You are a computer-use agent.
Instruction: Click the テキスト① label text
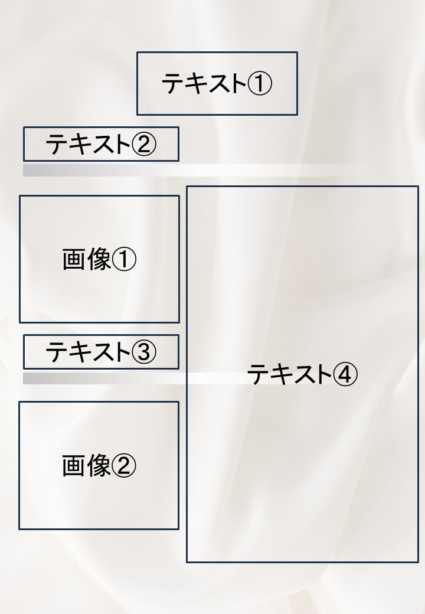tap(217, 83)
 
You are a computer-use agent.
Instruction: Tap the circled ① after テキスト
tap(260, 83)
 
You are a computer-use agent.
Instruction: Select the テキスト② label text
tap(101, 143)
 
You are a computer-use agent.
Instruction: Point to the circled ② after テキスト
tap(144, 144)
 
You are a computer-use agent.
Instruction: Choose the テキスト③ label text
tap(101, 351)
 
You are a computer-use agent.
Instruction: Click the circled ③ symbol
tap(144, 352)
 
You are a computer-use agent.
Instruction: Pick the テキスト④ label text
tap(302, 374)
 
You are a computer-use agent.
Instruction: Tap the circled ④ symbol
tap(345, 374)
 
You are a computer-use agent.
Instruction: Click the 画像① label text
tap(99, 259)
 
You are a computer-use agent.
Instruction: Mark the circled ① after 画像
tap(124, 259)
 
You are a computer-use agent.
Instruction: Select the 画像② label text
tap(99, 466)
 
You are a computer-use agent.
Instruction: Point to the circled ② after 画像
tap(124, 466)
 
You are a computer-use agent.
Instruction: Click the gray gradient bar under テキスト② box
tap(188, 171)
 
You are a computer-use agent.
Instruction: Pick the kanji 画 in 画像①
tap(74, 259)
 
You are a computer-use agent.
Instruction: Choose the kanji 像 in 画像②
tap(99, 466)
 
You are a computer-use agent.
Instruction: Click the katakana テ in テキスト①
tap(173, 83)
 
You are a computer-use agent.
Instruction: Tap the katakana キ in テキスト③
tap(80, 352)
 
